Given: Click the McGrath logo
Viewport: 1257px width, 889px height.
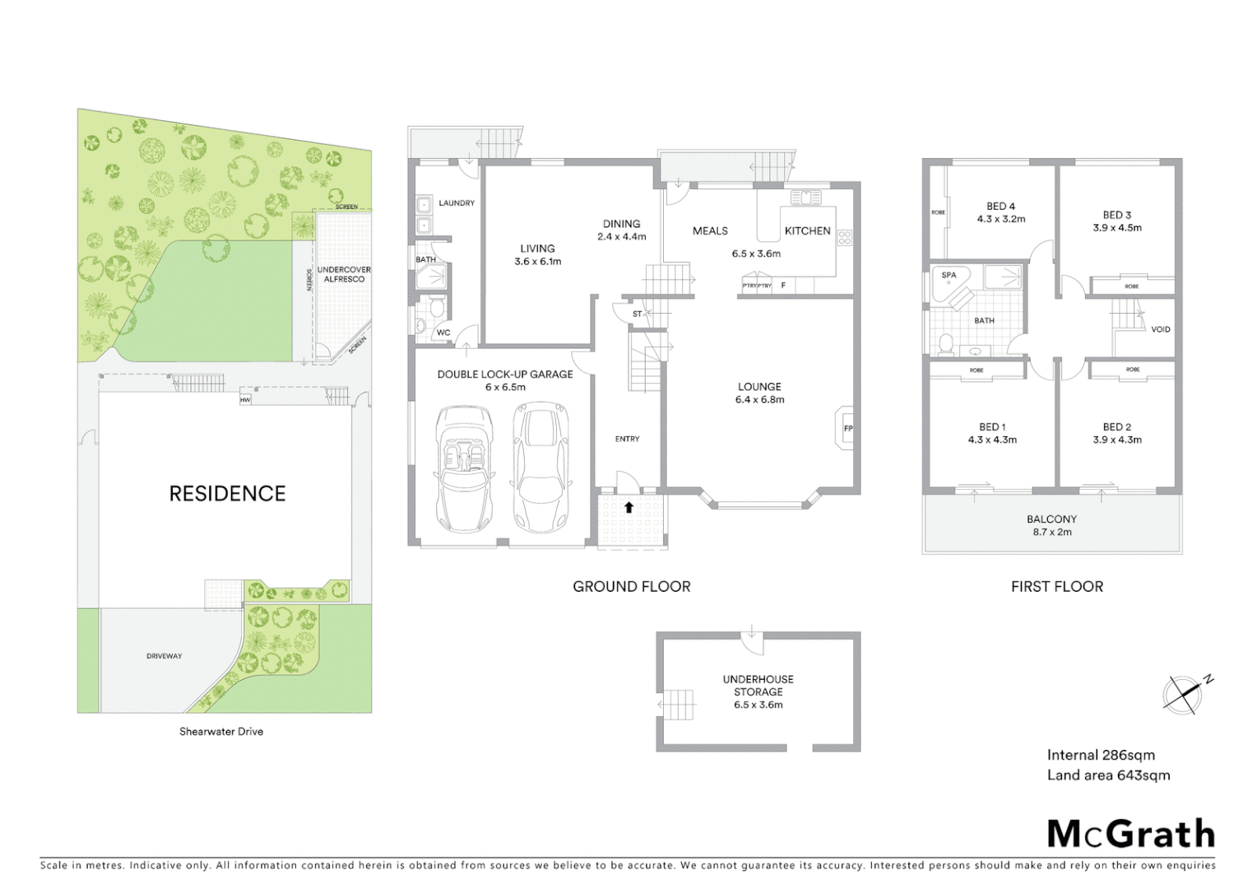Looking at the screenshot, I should coord(1130,834).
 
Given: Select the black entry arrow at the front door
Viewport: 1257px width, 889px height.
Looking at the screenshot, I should coord(628,507).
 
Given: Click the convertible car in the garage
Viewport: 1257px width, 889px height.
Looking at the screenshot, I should coord(463,467).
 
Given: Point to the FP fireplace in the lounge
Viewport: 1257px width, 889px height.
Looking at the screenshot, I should coord(847,428).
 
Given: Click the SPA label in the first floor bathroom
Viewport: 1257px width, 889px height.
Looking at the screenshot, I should coord(949,275).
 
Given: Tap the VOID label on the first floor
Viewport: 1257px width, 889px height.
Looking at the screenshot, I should coord(1160,329).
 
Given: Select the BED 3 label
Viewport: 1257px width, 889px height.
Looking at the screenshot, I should coord(1117,215).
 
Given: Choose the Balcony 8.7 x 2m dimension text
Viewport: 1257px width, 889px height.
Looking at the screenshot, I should coord(1051,532).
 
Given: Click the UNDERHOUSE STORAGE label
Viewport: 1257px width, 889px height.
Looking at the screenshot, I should coord(758,685).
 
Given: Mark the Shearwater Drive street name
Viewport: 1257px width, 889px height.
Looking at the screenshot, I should coord(221,731).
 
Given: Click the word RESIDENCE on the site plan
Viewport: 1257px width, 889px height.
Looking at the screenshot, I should coord(227,493).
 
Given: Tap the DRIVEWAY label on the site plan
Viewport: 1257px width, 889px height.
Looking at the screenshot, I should coord(165,656).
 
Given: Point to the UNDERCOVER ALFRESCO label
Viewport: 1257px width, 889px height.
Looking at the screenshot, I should coord(344,274).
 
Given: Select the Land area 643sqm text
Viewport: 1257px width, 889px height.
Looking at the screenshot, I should coord(1108,775).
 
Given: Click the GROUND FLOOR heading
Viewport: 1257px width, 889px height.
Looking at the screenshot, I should coord(631,586).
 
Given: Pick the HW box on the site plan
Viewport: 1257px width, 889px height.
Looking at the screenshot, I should coord(245,400).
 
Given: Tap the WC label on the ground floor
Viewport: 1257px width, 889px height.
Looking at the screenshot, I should coord(443,333).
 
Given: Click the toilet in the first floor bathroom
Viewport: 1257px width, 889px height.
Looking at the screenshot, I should coord(946,343).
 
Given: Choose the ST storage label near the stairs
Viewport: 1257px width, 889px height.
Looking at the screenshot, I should coord(637,314).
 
